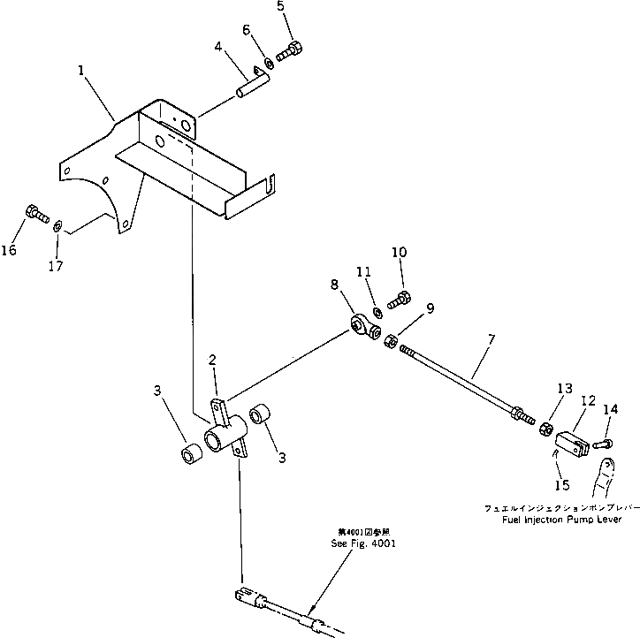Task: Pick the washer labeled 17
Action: (x=57, y=225)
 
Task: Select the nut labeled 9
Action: (x=392, y=340)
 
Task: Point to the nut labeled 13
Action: (x=545, y=429)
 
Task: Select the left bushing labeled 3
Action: (x=191, y=457)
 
